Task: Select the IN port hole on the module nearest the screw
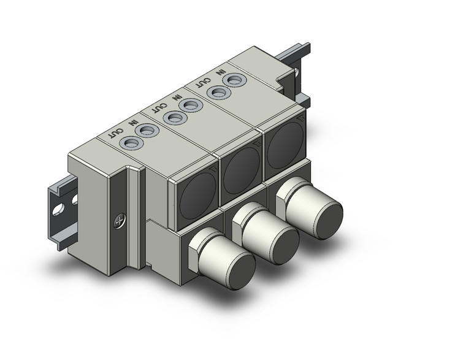point(146,131)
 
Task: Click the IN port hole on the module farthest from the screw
point(232,80)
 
